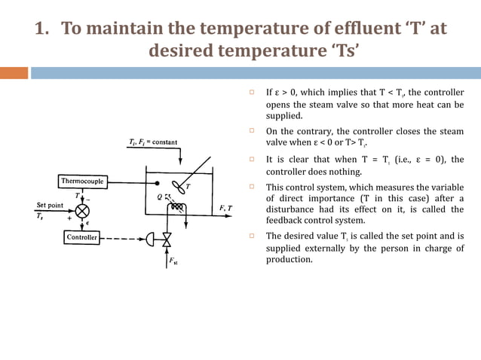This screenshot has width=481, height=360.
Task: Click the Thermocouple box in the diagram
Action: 83,181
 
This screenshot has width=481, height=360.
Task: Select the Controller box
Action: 81,238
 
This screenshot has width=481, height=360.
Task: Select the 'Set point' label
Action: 50,205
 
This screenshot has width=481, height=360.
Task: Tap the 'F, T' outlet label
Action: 225,208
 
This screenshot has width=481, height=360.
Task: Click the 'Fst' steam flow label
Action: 173,261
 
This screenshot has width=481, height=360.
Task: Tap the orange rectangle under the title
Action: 14,73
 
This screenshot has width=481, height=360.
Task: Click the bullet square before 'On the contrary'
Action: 253,130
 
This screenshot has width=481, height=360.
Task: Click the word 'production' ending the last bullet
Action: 290,260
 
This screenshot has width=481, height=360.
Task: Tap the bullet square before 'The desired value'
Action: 253,235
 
